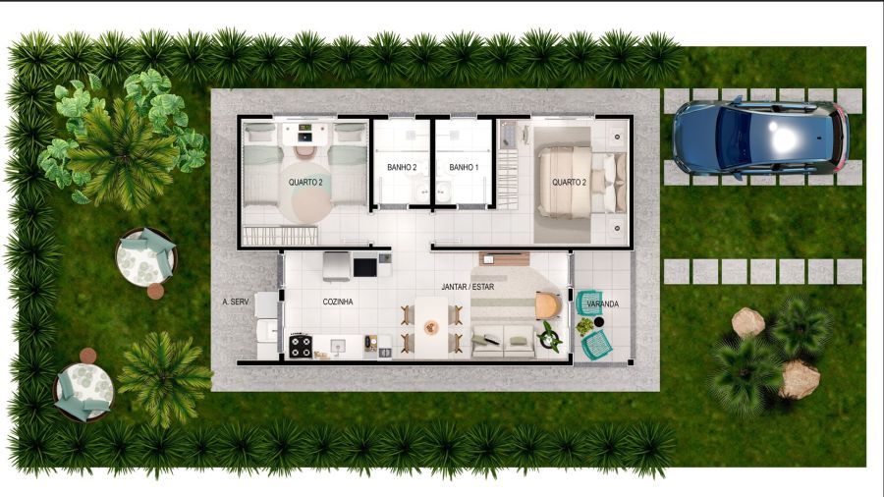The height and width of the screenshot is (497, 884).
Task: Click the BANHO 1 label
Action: tap(464, 167)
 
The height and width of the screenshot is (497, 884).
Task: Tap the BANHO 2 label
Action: tap(402, 167)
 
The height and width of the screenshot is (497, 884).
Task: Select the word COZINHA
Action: tap(338, 303)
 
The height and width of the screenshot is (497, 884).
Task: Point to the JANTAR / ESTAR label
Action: tap(468, 287)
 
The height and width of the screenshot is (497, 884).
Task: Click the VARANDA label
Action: tap(603, 304)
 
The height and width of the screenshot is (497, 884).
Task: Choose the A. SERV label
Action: tap(235, 303)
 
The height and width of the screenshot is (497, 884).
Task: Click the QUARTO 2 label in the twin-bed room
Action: tap(305, 183)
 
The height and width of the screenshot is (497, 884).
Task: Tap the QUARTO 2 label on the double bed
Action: tap(569, 183)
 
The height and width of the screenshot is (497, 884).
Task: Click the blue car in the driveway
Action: tap(760, 137)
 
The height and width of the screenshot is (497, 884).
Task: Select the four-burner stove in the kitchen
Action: tap(301, 346)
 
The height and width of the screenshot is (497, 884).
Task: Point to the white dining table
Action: tap(431, 327)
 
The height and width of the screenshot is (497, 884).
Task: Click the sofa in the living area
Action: tap(504, 341)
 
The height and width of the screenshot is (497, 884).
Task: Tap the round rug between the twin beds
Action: tap(305, 192)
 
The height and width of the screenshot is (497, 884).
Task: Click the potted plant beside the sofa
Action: tap(549, 336)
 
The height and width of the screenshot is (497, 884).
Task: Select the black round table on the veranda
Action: tap(599, 322)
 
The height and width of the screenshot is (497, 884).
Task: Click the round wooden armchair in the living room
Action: tap(548, 305)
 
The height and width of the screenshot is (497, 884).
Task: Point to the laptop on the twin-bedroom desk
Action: tap(304, 137)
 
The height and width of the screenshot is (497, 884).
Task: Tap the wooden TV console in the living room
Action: tap(504, 259)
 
